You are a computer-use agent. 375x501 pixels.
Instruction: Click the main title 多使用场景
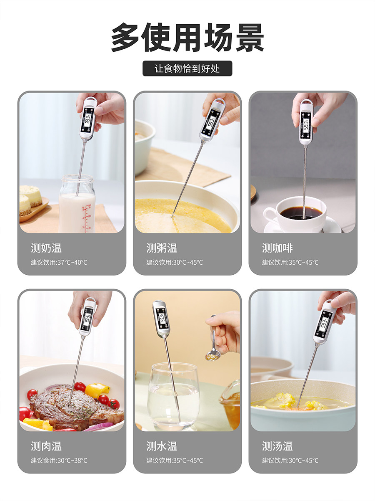pyautogui.click(x=187, y=38)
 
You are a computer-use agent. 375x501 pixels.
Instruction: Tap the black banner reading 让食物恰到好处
pyautogui.click(x=187, y=68)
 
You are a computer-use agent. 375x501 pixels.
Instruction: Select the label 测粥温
pyautogui.click(x=162, y=248)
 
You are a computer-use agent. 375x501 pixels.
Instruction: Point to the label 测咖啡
pyautogui.click(x=277, y=248)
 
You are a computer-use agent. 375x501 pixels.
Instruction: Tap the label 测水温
pyautogui.click(x=162, y=446)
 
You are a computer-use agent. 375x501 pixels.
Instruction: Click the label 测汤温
pyautogui.click(x=277, y=446)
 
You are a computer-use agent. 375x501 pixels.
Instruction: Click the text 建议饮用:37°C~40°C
pyautogui.click(x=59, y=263)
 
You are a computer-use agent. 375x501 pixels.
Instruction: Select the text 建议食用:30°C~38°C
pyautogui.click(x=59, y=461)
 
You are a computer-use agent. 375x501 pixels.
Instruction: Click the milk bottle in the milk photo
pyautogui.click(x=77, y=207)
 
